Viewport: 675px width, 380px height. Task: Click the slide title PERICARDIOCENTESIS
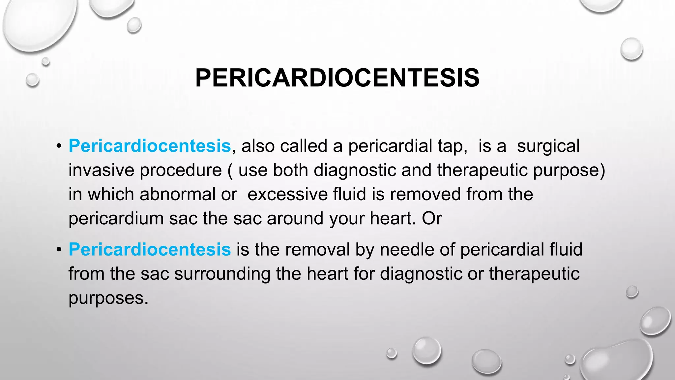(x=337, y=78)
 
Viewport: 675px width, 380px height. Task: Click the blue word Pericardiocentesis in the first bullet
(x=150, y=146)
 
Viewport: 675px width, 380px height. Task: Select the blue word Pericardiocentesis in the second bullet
(x=150, y=249)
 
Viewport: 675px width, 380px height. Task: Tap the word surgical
(x=548, y=146)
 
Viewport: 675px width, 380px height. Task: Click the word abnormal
(x=177, y=194)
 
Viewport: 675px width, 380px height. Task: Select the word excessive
(x=287, y=194)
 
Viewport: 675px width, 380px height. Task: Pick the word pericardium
(x=116, y=219)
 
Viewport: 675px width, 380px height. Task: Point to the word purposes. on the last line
(x=108, y=298)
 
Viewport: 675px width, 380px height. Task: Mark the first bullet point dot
(x=59, y=146)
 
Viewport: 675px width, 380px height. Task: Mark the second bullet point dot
(x=59, y=249)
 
